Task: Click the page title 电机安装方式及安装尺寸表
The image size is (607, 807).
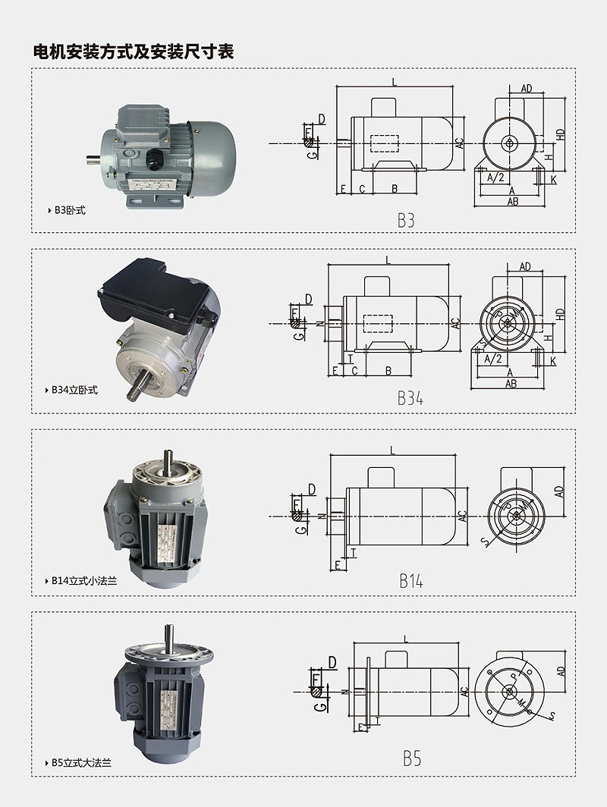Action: [x=133, y=52]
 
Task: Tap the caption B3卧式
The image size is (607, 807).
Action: [x=70, y=210]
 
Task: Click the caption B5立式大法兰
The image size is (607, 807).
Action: [x=82, y=762]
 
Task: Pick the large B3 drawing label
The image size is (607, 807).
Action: [x=407, y=221]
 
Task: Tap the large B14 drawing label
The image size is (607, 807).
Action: [x=411, y=581]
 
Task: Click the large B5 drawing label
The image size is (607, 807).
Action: [x=412, y=758]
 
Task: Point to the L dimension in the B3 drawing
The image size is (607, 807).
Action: [x=395, y=81]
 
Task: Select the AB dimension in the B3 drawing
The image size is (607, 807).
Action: [x=513, y=202]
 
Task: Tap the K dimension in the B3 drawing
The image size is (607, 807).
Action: [x=554, y=180]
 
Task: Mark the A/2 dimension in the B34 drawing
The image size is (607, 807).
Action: [x=493, y=358]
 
